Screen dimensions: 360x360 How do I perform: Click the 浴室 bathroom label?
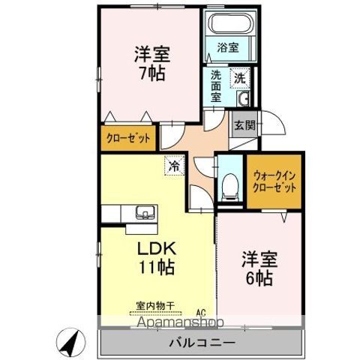[x=227, y=46]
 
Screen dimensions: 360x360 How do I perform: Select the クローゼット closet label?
[x=127, y=138]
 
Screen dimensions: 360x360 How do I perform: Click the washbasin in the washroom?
[x=242, y=101]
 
